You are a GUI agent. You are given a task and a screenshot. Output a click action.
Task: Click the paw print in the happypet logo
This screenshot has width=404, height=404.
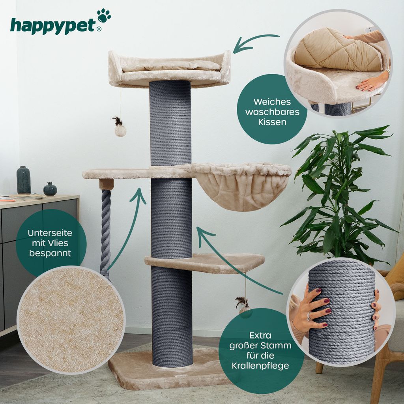(104, 15)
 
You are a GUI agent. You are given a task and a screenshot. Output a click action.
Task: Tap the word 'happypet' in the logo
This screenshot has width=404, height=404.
(53, 26)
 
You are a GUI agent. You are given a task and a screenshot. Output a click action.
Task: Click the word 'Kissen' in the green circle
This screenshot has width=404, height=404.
(272, 122)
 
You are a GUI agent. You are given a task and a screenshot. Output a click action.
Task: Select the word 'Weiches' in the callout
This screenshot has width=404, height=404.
(272, 102)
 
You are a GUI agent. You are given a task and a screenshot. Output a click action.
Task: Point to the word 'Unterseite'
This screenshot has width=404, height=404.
(50, 233)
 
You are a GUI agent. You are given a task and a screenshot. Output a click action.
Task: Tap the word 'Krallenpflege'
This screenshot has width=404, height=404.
(260, 366)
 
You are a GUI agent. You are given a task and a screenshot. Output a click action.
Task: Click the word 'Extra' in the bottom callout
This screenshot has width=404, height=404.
(260, 335)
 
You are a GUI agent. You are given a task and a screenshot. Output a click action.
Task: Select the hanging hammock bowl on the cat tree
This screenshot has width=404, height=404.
(241, 186)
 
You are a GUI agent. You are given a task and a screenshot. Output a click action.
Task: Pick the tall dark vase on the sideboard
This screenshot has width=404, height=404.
(24, 180)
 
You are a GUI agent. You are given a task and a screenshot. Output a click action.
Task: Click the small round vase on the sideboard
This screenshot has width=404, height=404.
(50, 189)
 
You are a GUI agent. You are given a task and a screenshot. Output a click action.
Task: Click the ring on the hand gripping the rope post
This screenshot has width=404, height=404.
(309, 316)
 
